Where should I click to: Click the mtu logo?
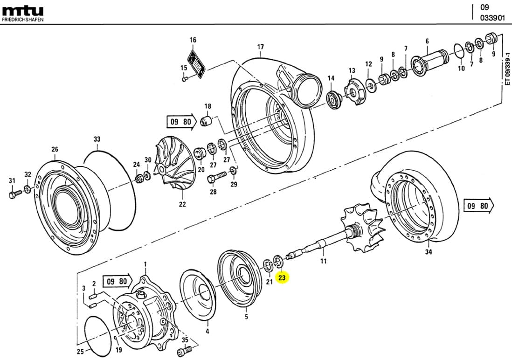pos(22,10)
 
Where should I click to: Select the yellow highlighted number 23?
pos(282,278)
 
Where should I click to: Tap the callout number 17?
pos(260,47)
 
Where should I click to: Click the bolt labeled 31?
pos(14,193)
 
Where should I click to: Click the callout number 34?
pos(428,252)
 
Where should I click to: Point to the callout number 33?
pos(97,139)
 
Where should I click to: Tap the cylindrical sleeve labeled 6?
pos(430,58)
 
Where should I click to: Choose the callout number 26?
pos(55,149)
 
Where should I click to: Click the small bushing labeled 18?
pos(206,121)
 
